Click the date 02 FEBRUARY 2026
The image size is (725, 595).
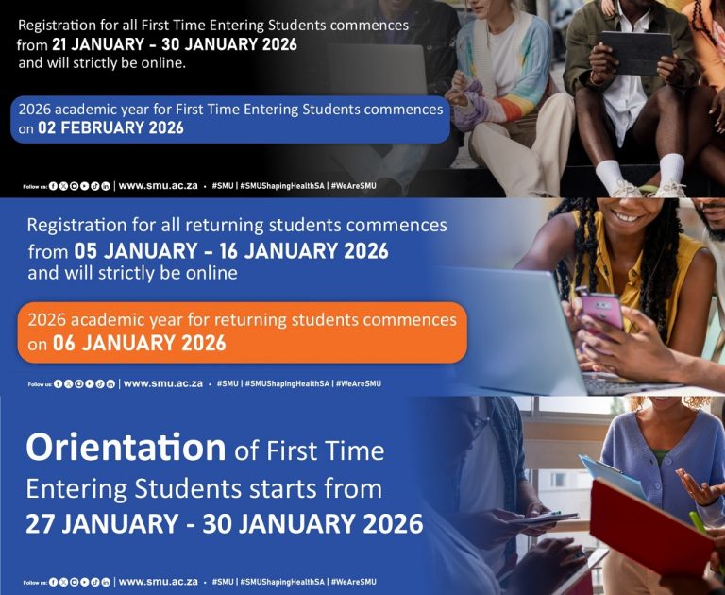point(110,128)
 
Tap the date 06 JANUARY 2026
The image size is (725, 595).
point(139,344)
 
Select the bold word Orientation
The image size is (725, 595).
point(126,448)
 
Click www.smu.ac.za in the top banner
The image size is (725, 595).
point(159,186)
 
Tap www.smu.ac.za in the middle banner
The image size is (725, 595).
point(163,383)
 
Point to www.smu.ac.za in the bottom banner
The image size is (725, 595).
point(159,582)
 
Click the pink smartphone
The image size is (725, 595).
point(602,310)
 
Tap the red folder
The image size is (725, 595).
point(652,522)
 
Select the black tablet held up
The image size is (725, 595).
point(636,53)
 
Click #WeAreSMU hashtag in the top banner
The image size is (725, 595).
point(354,186)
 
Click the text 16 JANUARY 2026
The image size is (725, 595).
point(304,251)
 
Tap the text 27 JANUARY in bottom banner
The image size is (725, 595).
point(102,524)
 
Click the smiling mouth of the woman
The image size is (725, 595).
point(627,216)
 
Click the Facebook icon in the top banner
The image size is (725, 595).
point(53,186)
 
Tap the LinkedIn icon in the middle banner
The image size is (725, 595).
point(110,383)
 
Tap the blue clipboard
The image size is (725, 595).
point(613,477)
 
